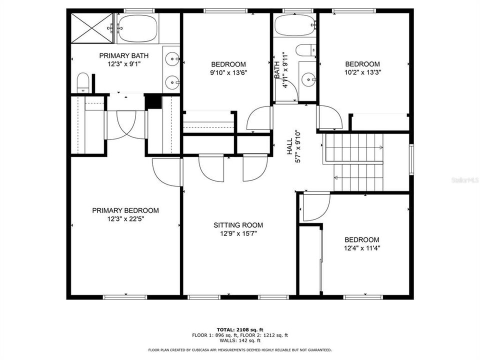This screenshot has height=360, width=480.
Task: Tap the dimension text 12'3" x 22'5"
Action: point(125,218)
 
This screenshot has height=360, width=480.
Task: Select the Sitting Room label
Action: point(238,225)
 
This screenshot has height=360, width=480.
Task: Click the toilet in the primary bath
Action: point(83,82)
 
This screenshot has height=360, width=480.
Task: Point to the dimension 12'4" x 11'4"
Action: point(361,247)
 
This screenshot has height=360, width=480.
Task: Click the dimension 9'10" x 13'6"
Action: point(228,72)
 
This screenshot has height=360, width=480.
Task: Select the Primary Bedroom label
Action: point(125,210)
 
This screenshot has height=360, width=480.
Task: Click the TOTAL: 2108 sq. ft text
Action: point(240,329)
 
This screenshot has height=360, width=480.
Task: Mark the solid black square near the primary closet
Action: point(153,101)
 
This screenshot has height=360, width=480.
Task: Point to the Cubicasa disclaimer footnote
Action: point(240,350)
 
